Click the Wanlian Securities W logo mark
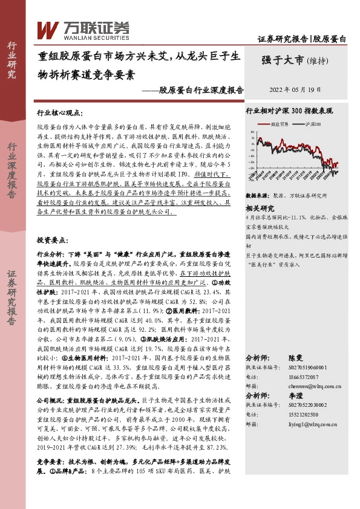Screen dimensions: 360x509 (x=48, y=29)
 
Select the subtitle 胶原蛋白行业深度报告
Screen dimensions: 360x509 (x=201, y=90)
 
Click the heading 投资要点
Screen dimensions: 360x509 (x=53, y=240)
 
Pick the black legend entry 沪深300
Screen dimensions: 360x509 (x=310, y=123)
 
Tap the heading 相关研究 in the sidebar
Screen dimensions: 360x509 (x=260, y=207)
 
